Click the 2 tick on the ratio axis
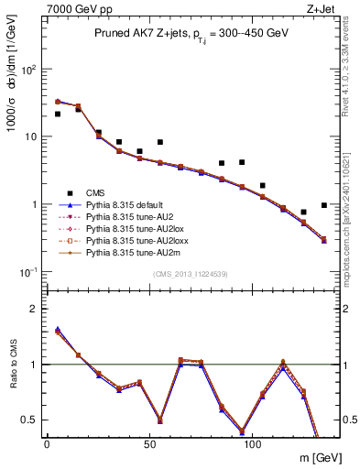point(35,309)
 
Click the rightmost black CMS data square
point(324,205)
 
